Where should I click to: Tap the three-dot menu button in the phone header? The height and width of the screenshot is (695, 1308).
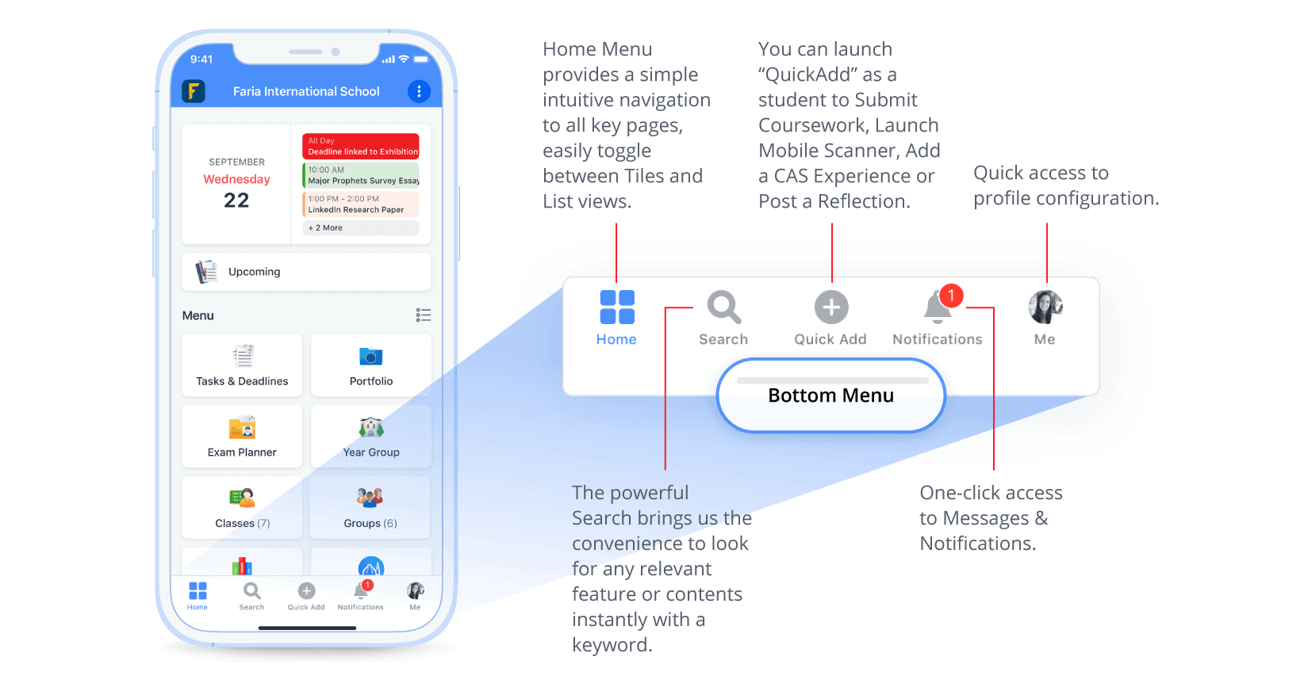[x=419, y=91]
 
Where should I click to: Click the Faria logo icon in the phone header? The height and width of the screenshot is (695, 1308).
[x=194, y=91]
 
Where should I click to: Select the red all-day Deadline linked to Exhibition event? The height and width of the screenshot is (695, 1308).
[x=361, y=146]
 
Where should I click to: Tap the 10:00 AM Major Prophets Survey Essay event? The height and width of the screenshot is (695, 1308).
[x=361, y=175]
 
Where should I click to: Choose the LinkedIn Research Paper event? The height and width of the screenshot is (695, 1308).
[x=361, y=204]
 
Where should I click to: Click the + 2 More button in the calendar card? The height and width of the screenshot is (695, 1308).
[x=361, y=227]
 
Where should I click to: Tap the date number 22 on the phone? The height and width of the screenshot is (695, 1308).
[x=236, y=200]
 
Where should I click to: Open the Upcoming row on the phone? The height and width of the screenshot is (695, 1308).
[x=306, y=271]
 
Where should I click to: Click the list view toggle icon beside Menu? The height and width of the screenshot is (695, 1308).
[x=424, y=315]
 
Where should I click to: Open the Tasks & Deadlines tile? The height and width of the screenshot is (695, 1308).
[x=242, y=365]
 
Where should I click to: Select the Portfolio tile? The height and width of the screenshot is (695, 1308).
[x=370, y=365]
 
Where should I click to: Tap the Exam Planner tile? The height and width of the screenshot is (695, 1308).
[x=242, y=437]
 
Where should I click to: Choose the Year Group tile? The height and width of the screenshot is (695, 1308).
[x=370, y=437]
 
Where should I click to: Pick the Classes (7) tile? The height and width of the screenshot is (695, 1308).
[x=242, y=508]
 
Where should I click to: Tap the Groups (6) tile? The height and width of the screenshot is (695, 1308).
[x=370, y=508]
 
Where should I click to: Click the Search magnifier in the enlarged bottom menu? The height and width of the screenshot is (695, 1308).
[x=724, y=307]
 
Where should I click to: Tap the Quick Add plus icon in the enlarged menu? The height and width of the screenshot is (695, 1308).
[x=831, y=307]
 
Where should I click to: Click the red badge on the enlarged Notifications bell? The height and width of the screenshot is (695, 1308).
[x=951, y=296]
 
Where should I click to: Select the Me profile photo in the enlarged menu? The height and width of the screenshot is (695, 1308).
[x=1045, y=307]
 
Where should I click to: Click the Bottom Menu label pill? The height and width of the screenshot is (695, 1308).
[x=831, y=395]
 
